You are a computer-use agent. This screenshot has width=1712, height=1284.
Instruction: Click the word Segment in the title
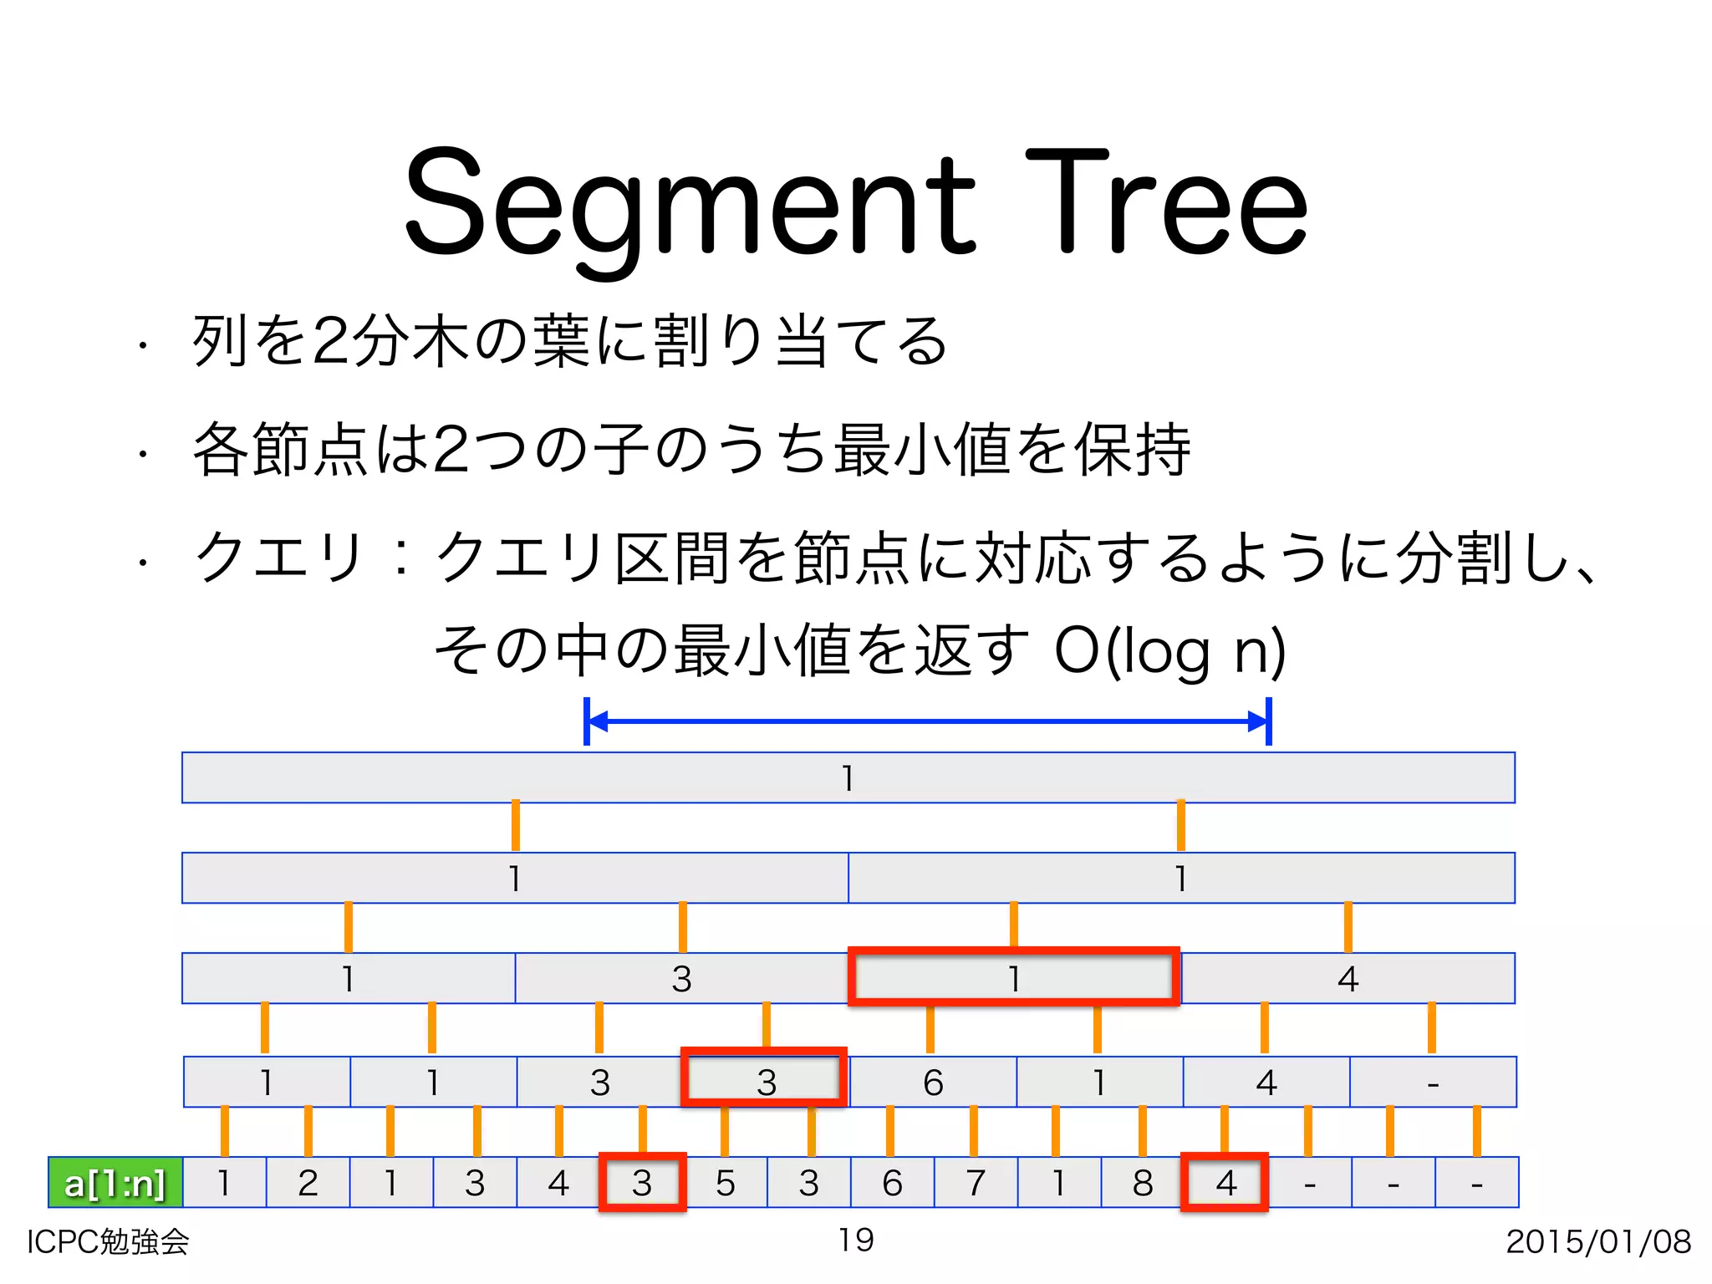pyautogui.click(x=690, y=205)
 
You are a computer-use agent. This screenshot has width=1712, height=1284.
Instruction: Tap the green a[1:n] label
pyautogui.click(x=115, y=1183)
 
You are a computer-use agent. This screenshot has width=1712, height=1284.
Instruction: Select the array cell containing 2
pyautogui.click(x=308, y=1183)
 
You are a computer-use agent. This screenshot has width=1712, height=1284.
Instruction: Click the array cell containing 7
pyautogui.click(x=976, y=1183)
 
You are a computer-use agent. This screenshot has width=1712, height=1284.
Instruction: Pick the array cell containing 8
pyautogui.click(x=1143, y=1183)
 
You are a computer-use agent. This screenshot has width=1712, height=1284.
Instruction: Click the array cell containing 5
pyautogui.click(x=725, y=1183)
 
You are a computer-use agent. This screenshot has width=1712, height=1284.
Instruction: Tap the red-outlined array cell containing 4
pyautogui.click(x=1225, y=1182)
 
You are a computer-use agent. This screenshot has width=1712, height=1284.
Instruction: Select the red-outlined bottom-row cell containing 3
pyautogui.click(x=642, y=1182)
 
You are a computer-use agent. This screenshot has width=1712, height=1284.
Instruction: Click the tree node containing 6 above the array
pyautogui.click(x=933, y=1083)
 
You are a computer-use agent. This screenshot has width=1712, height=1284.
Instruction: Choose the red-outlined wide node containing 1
pyautogui.click(x=1013, y=977)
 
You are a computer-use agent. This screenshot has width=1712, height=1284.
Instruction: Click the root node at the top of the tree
pyautogui.click(x=848, y=778)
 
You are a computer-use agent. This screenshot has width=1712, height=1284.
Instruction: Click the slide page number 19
pyautogui.click(x=856, y=1240)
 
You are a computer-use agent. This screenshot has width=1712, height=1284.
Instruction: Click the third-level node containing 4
pyautogui.click(x=1348, y=978)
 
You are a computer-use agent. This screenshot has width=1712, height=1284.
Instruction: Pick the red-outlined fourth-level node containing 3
pyautogui.click(x=765, y=1078)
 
